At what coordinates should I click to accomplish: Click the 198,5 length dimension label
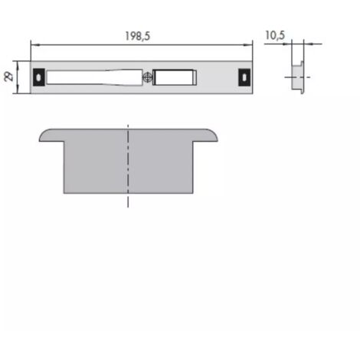pyautogui.click(x=138, y=36)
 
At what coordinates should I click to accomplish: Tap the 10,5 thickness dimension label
pyautogui.click(x=275, y=35)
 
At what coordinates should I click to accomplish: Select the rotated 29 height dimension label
pyautogui.click(x=9, y=77)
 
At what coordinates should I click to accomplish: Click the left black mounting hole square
pyautogui.click(x=39, y=77)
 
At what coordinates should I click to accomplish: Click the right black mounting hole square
pyautogui.click(x=244, y=77)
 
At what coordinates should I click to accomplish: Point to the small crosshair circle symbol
pyautogui.click(x=147, y=77)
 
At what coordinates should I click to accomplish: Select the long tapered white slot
pyautogui.click(x=94, y=77)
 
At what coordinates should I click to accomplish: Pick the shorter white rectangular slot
pyautogui.click(x=175, y=77)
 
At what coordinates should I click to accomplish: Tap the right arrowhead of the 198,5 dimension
pyautogui.click(x=248, y=45)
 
